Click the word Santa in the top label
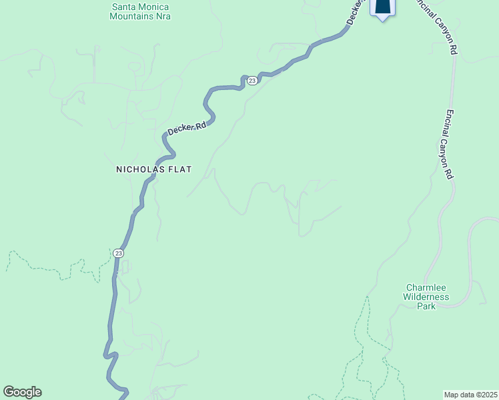point(125,6)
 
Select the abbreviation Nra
point(163,15)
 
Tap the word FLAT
point(180,169)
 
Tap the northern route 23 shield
point(252,81)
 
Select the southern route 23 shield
point(118,253)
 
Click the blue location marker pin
point(382,7)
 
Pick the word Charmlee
point(426,287)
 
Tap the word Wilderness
point(426,297)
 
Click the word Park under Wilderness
point(426,306)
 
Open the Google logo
point(22,392)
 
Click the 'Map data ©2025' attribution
point(470,394)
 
